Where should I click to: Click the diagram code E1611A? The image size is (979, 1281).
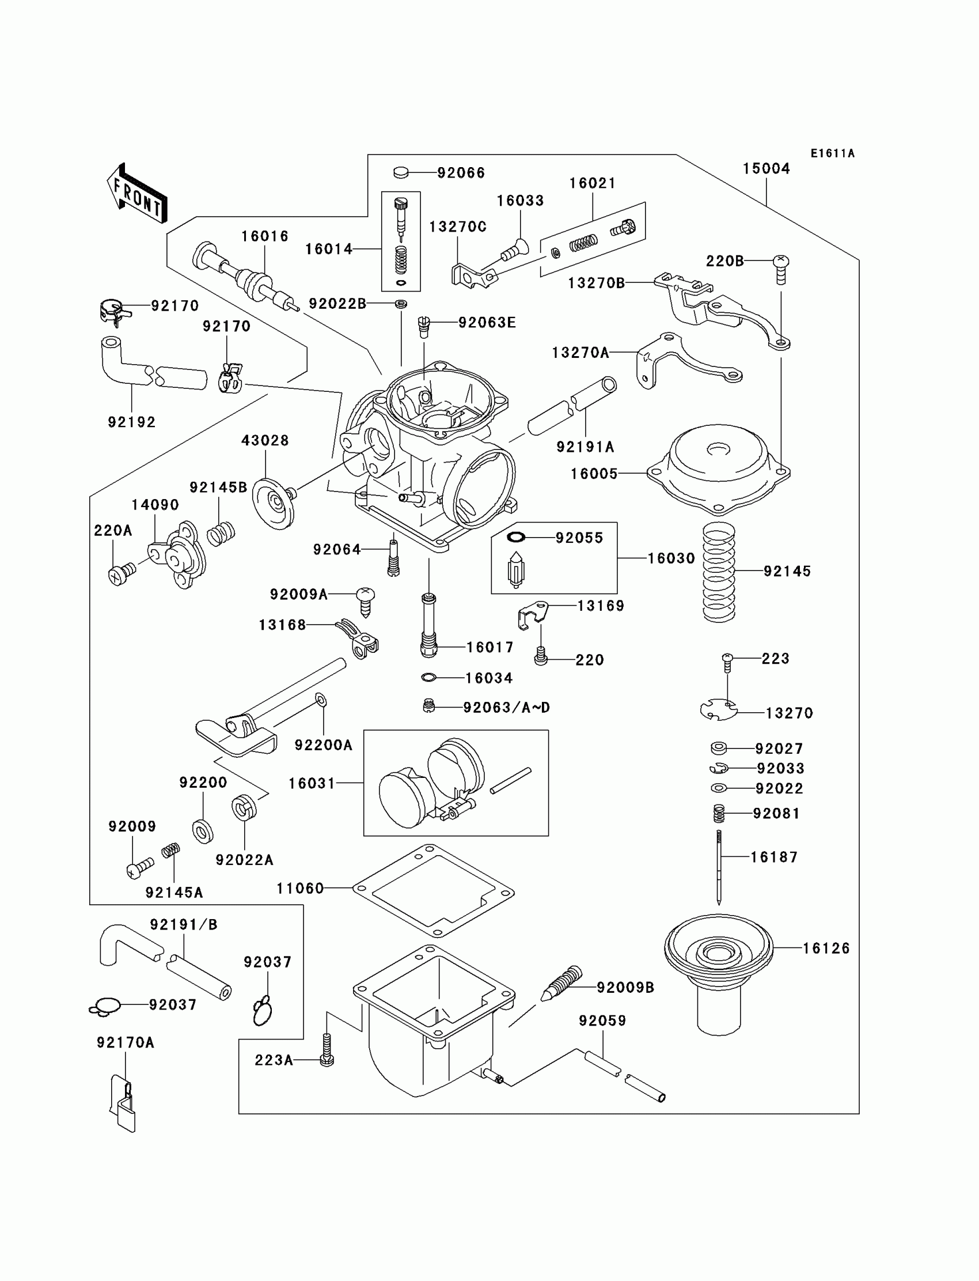(x=832, y=153)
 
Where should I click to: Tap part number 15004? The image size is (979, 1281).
(x=766, y=168)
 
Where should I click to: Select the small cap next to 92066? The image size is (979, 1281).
(x=401, y=172)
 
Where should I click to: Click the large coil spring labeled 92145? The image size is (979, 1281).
(x=719, y=572)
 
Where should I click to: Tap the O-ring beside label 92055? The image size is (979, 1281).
(x=517, y=537)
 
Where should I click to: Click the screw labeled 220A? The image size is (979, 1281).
(x=120, y=574)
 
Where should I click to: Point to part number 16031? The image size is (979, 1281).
(x=312, y=783)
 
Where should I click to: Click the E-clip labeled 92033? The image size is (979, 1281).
(x=719, y=769)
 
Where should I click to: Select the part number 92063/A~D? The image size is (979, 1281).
(x=506, y=707)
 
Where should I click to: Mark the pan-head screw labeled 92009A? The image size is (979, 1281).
(x=365, y=600)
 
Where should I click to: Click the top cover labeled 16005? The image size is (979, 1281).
(x=718, y=467)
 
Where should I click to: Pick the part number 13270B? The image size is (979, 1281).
(x=596, y=283)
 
